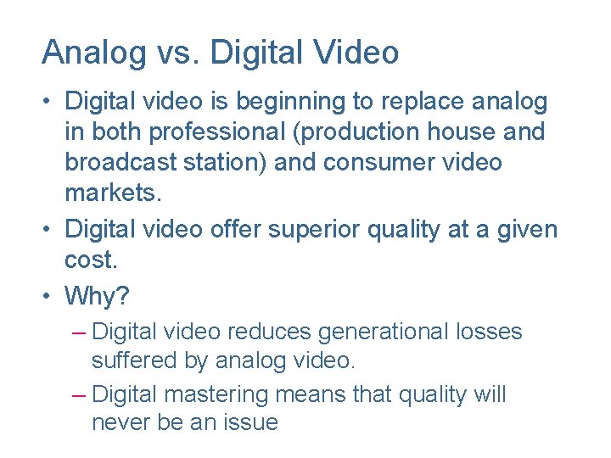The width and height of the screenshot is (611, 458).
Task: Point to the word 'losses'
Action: [491, 332]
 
